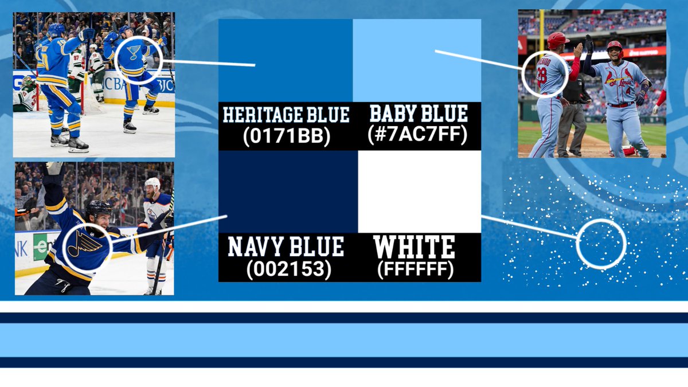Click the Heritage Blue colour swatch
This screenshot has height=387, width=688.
tap(286, 60)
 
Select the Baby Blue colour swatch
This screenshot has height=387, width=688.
tap(417, 60)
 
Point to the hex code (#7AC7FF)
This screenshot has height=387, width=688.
tap(417, 135)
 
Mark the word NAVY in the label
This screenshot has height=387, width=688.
tap(256, 247)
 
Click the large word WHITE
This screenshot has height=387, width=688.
tap(414, 247)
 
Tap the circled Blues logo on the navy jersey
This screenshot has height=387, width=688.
tap(85, 245)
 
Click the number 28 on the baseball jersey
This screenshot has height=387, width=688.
tap(542, 75)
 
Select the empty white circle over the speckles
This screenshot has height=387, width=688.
tap(601, 244)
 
